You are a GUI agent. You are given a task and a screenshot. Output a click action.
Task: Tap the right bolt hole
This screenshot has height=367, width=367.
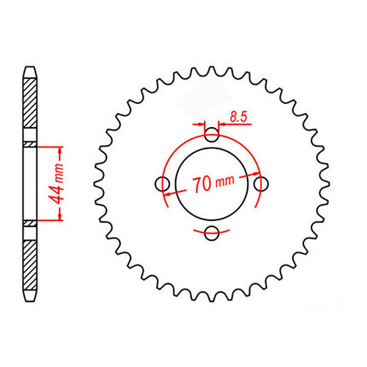coord(260,184)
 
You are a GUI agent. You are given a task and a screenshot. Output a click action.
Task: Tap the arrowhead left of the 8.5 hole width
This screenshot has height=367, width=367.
coord(203,124)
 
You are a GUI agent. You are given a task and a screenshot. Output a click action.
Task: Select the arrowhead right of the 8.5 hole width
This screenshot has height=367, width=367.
coord(221,124)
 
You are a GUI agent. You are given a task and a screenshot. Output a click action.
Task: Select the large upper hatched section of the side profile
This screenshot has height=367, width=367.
coord(30,107)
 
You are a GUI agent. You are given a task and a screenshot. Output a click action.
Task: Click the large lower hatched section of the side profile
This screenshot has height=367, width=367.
coord(30,260)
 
